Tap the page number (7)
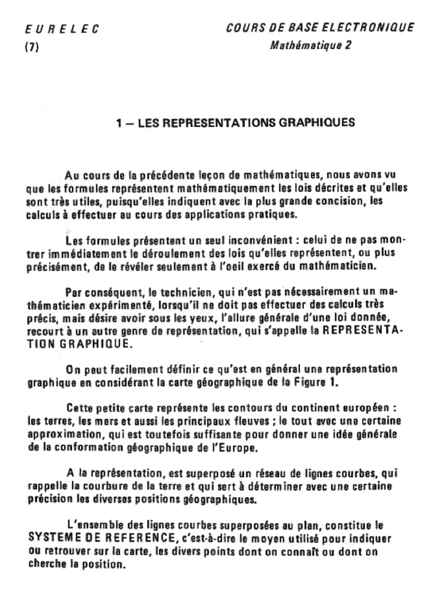(x=31, y=48)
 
